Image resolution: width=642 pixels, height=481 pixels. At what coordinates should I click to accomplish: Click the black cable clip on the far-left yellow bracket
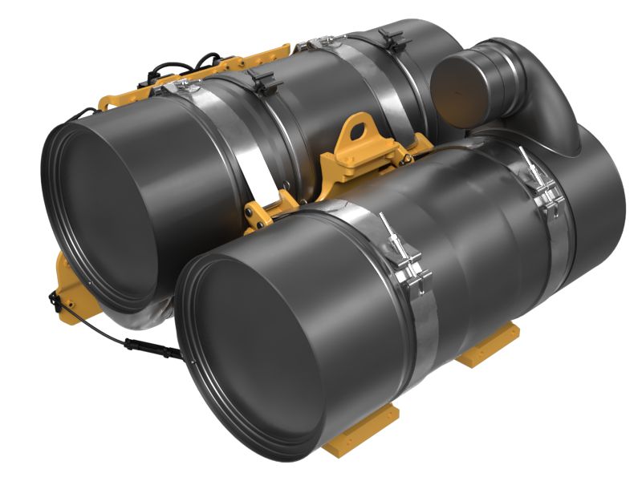point(55,301)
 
